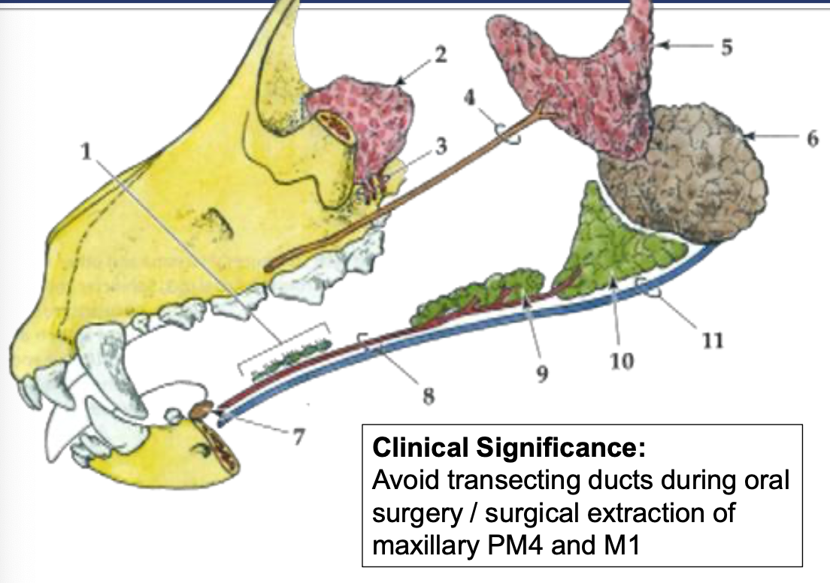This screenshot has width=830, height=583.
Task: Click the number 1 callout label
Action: click(86, 151)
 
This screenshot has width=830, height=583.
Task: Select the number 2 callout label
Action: click(440, 55)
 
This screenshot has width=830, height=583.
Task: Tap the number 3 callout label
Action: click(441, 146)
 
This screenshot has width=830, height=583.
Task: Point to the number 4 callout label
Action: click(469, 98)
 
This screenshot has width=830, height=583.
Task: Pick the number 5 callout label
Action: click(726, 47)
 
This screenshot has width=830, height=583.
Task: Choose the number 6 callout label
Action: click(813, 138)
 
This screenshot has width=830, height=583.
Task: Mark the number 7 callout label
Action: click(298, 437)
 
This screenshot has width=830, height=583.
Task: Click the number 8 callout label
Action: click(429, 395)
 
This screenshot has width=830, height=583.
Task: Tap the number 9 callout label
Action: click(542, 374)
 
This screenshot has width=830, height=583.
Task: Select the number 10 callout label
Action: click(622, 361)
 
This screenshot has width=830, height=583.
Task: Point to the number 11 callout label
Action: click(713, 340)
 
